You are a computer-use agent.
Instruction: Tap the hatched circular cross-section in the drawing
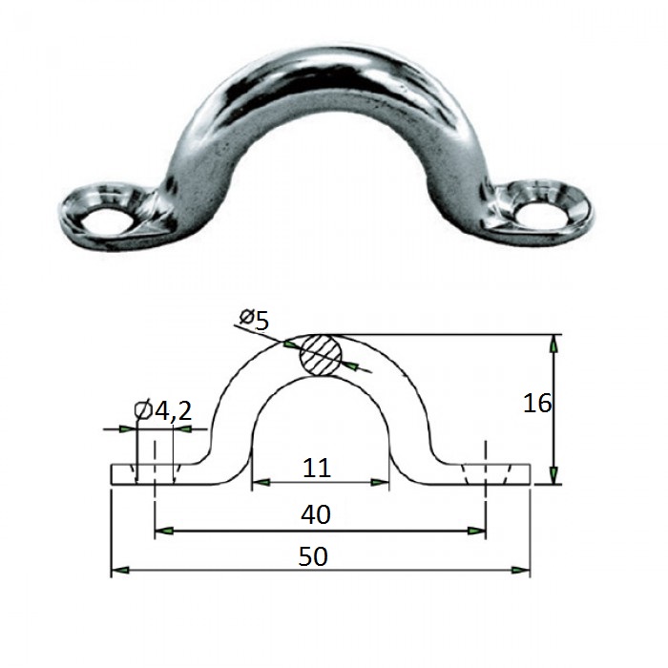point(322,355)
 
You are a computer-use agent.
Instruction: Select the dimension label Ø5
point(255,320)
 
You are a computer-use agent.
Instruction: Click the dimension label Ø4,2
point(163,410)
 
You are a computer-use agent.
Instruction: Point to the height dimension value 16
point(536,403)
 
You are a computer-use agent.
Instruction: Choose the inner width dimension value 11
point(317,469)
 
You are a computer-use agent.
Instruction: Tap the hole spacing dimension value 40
point(316,514)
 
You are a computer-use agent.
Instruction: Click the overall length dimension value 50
point(313,556)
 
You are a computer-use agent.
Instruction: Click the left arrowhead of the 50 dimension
point(120,570)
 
